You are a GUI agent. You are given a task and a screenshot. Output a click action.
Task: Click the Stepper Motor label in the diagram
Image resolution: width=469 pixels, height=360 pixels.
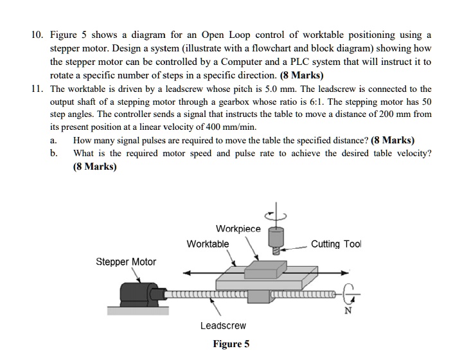point(126,262)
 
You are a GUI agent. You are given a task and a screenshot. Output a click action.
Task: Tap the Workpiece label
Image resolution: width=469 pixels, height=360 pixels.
point(238,229)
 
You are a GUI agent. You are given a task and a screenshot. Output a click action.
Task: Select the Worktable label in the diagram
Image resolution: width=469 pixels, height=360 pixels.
point(208,244)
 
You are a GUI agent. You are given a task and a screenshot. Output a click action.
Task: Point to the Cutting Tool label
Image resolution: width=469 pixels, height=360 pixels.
point(336,244)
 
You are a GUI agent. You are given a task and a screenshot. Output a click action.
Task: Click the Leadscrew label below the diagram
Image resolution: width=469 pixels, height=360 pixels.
point(223,326)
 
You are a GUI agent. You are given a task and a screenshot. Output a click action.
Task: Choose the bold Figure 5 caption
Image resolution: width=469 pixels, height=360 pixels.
point(231,344)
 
